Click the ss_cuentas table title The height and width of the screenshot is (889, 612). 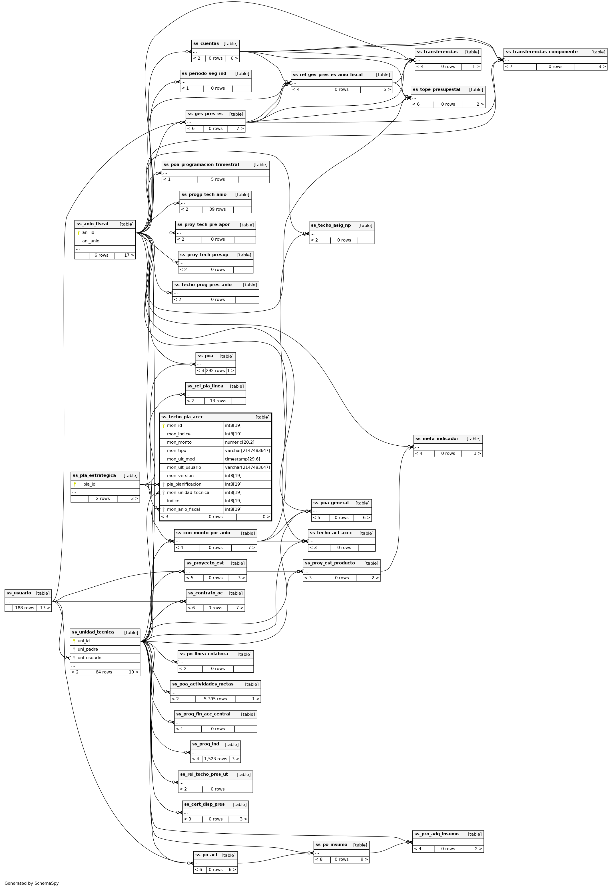206,44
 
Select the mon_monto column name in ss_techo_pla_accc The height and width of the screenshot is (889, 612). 179,443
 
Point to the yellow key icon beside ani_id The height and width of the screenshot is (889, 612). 78,233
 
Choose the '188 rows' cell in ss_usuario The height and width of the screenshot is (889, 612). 25,608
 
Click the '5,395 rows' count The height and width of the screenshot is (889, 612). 215,699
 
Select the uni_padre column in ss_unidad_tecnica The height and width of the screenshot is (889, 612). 88,649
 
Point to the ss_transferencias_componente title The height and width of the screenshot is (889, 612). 541,52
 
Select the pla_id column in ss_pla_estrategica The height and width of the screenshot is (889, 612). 89,484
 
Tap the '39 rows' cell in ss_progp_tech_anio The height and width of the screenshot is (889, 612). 217,209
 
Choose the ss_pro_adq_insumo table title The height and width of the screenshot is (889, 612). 436,834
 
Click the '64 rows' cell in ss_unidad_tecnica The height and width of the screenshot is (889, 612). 104,672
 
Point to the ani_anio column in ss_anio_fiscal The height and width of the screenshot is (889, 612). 91,241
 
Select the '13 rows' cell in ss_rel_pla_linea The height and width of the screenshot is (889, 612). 218,401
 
